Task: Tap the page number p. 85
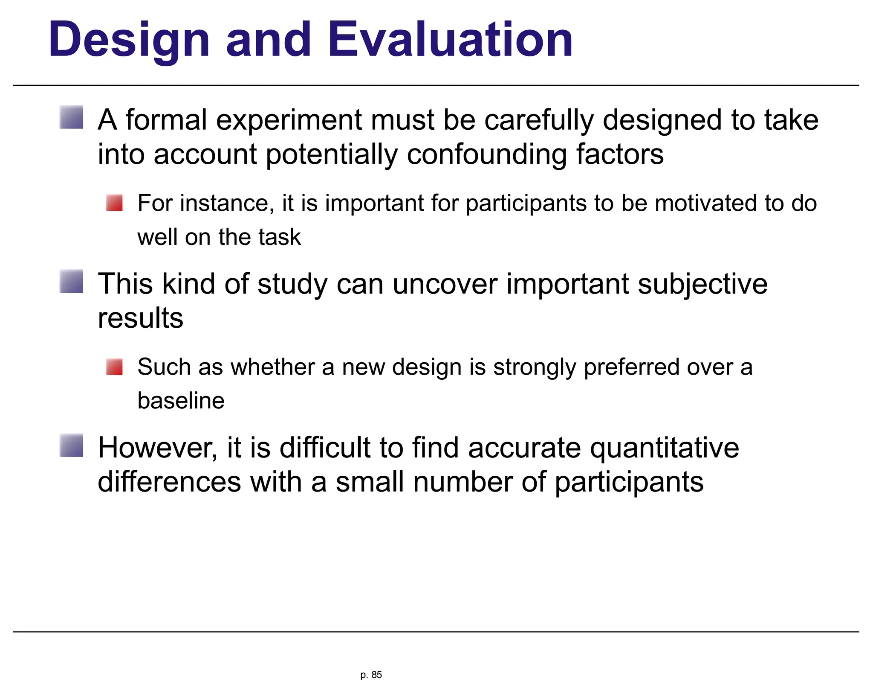(371, 675)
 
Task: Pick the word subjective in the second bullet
(702, 284)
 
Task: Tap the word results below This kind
(140, 318)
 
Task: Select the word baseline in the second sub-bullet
(181, 401)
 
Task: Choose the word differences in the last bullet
(169, 482)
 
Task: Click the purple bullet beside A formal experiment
(71, 117)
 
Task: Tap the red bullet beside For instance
(114, 203)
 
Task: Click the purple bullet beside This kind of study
(71, 281)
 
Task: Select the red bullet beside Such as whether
(114, 367)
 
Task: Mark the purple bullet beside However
(71, 445)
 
